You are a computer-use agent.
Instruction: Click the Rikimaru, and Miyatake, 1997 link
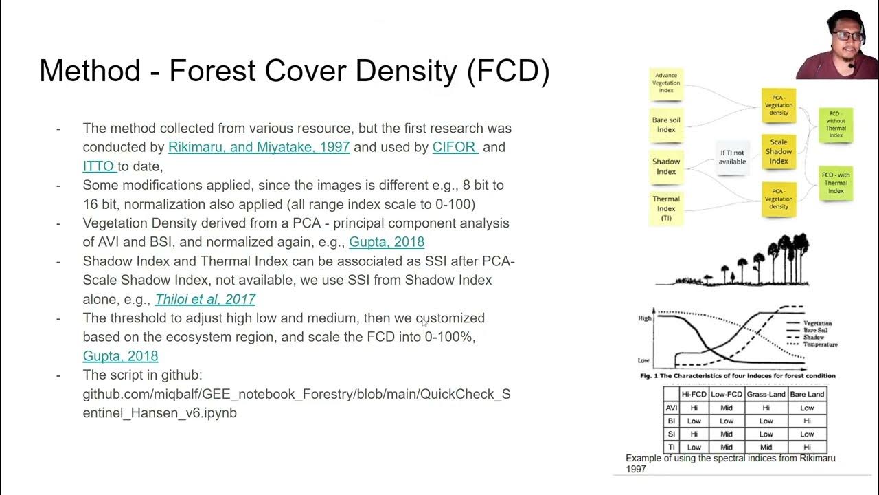click(259, 147)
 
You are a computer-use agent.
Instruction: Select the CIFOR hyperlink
click(455, 147)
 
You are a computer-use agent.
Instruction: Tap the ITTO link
click(100, 166)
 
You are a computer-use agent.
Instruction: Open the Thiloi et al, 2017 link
click(205, 300)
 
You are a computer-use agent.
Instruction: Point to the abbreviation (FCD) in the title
click(507, 71)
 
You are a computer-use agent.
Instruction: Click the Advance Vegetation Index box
click(665, 83)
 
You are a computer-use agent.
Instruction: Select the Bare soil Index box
click(665, 124)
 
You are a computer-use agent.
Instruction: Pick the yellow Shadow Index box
click(665, 166)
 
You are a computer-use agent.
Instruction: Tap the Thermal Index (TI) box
click(665, 208)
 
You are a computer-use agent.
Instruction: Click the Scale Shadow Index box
click(778, 151)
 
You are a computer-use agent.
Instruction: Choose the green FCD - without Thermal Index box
click(835, 124)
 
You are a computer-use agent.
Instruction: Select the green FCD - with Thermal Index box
click(835, 182)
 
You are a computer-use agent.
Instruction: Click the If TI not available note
click(732, 157)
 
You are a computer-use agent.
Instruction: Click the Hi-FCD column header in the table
click(694, 394)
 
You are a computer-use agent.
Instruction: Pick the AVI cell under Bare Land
click(807, 408)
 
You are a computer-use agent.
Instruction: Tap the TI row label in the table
click(672, 447)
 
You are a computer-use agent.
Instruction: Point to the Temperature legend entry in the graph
click(820, 344)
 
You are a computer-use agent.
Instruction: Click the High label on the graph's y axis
click(644, 319)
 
